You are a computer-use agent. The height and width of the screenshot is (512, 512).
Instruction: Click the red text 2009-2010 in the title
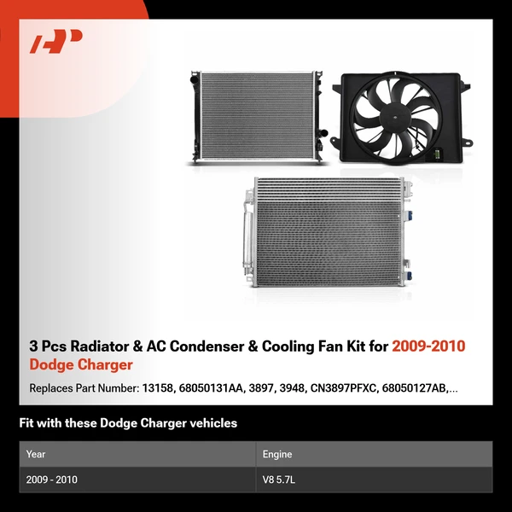tap(429, 346)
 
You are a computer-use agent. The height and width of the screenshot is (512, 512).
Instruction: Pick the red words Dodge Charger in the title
tap(81, 365)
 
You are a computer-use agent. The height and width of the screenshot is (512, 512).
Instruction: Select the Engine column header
tap(278, 454)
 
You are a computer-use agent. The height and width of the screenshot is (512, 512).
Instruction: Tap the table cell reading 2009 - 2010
tap(51, 480)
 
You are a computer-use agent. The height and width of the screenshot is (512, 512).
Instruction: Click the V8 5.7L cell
tap(280, 480)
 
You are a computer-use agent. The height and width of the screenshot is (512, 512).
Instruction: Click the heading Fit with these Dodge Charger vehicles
tap(128, 423)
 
